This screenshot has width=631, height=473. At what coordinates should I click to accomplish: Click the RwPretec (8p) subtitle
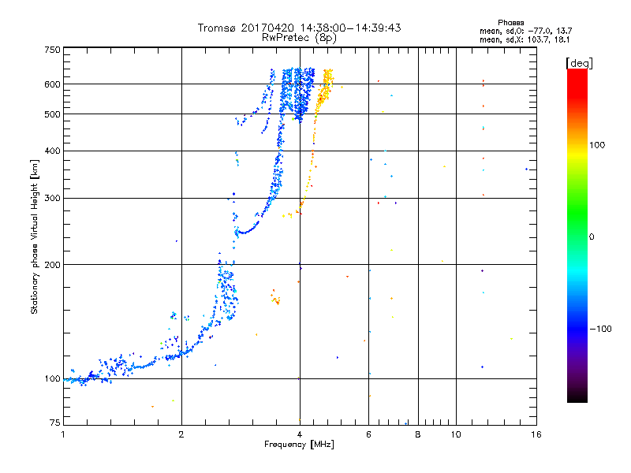tap(299, 38)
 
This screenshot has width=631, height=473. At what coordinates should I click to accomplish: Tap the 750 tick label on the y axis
tap(52, 50)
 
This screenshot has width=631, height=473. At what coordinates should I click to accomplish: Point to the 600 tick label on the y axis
tap(52, 84)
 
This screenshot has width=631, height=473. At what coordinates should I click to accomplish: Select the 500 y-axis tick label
tap(52, 114)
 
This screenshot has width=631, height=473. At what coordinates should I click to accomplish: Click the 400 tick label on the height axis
tap(52, 151)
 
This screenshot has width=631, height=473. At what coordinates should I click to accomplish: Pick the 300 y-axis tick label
tap(52, 198)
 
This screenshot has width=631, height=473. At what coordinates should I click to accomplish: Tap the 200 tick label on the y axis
tap(52, 265)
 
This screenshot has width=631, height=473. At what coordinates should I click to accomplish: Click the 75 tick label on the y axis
tap(55, 423)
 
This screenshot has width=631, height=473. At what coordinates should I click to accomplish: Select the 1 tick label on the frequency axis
tap(63, 434)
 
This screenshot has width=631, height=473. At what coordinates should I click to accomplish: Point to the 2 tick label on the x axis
tap(181, 434)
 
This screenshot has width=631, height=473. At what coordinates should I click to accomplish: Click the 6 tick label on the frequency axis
tap(368, 434)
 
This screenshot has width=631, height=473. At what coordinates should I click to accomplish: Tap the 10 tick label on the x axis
tap(456, 434)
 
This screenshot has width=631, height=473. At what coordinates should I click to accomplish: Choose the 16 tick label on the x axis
tap(536, 434)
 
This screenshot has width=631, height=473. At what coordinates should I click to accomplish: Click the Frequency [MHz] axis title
tap(299, 445)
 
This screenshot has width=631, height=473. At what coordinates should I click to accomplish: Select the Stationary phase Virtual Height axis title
tap(34, 237)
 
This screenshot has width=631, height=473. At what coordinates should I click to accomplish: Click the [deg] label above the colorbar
tap(579, 64)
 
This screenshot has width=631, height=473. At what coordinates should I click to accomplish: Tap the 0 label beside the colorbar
tap(591, 237)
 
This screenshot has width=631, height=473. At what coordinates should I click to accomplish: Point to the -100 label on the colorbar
tap(600, 329)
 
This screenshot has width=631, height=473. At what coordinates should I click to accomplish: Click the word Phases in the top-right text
tap(510, 23)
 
